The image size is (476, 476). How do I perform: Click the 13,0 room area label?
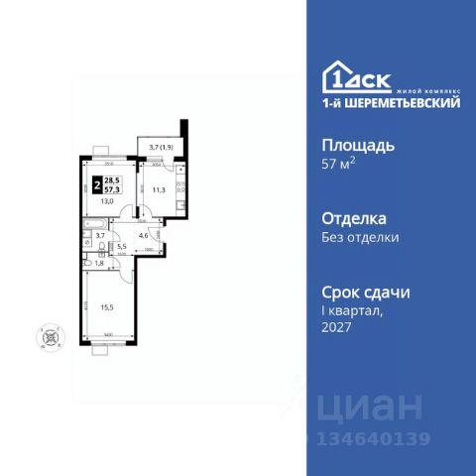pos(105,199)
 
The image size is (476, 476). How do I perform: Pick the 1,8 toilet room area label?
pos(99,263)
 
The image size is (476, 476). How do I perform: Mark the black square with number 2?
pos(96,181)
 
